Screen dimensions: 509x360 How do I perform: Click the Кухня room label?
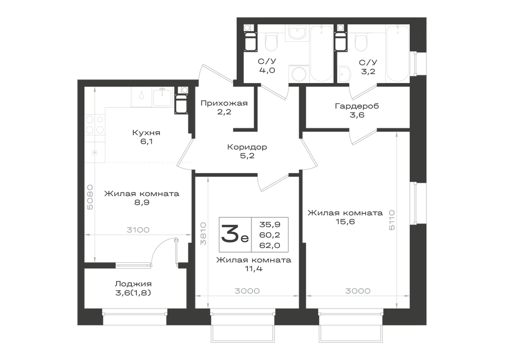(x=146, y=133)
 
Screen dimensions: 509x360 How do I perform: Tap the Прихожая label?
(x=224, y=103)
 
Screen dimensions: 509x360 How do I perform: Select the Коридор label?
(x=247, y=147)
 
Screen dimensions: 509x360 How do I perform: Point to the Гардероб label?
(x=357, y=106)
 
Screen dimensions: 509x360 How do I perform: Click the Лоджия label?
(x=133, y=284)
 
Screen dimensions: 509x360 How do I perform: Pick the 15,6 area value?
(x=346, y=221)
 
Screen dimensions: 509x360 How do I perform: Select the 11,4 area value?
(x=253, y=269)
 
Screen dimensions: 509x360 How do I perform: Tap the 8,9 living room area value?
(x=142, y=203)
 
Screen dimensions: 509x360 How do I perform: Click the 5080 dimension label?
(x=90, y=197)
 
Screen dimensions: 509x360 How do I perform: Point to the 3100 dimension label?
(x=138, y=230)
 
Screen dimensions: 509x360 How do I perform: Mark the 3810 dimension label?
(x=203, y=234)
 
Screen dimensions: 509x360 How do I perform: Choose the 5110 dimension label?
(x=392, y=220)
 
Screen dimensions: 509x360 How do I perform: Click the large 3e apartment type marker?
(x=235, y=234)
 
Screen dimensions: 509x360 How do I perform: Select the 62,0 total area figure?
(x=269, y=245)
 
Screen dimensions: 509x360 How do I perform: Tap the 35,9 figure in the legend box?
(x=270, y=225)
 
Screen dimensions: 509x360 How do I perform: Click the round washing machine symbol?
(x=299, y=74)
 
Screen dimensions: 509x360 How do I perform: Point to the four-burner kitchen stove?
(x=95, y=125)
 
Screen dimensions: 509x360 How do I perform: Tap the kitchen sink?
(x=162, y=97)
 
